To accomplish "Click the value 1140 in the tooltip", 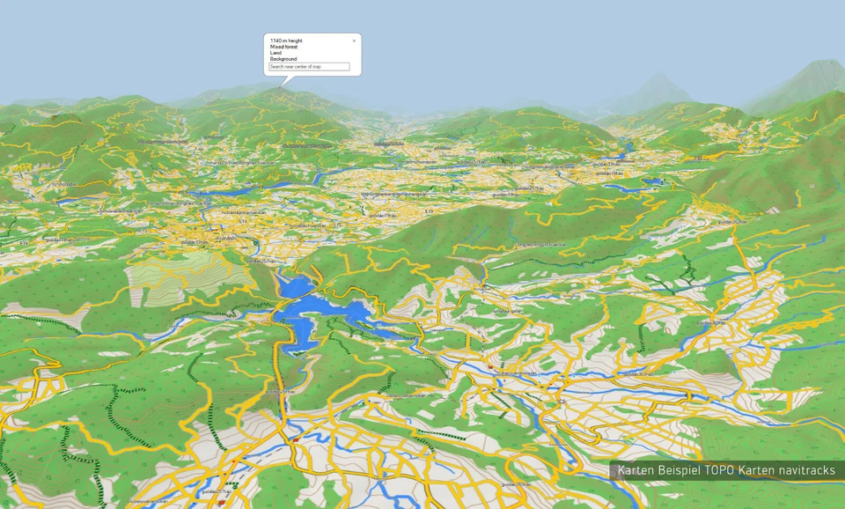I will click(275, 41).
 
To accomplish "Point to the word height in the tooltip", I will click(295, 41).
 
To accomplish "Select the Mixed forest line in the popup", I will click(284, 47).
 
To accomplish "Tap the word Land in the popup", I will click(276, 53).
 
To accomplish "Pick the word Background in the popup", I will click(283, 59).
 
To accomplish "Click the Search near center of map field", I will click(309, 67).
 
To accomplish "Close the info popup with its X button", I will click(355, 41).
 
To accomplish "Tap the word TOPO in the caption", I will click(719, 470).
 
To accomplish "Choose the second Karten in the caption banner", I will click(757, 470).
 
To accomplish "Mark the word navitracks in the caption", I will click(807, 470).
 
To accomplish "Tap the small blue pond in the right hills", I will click(652, 182).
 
